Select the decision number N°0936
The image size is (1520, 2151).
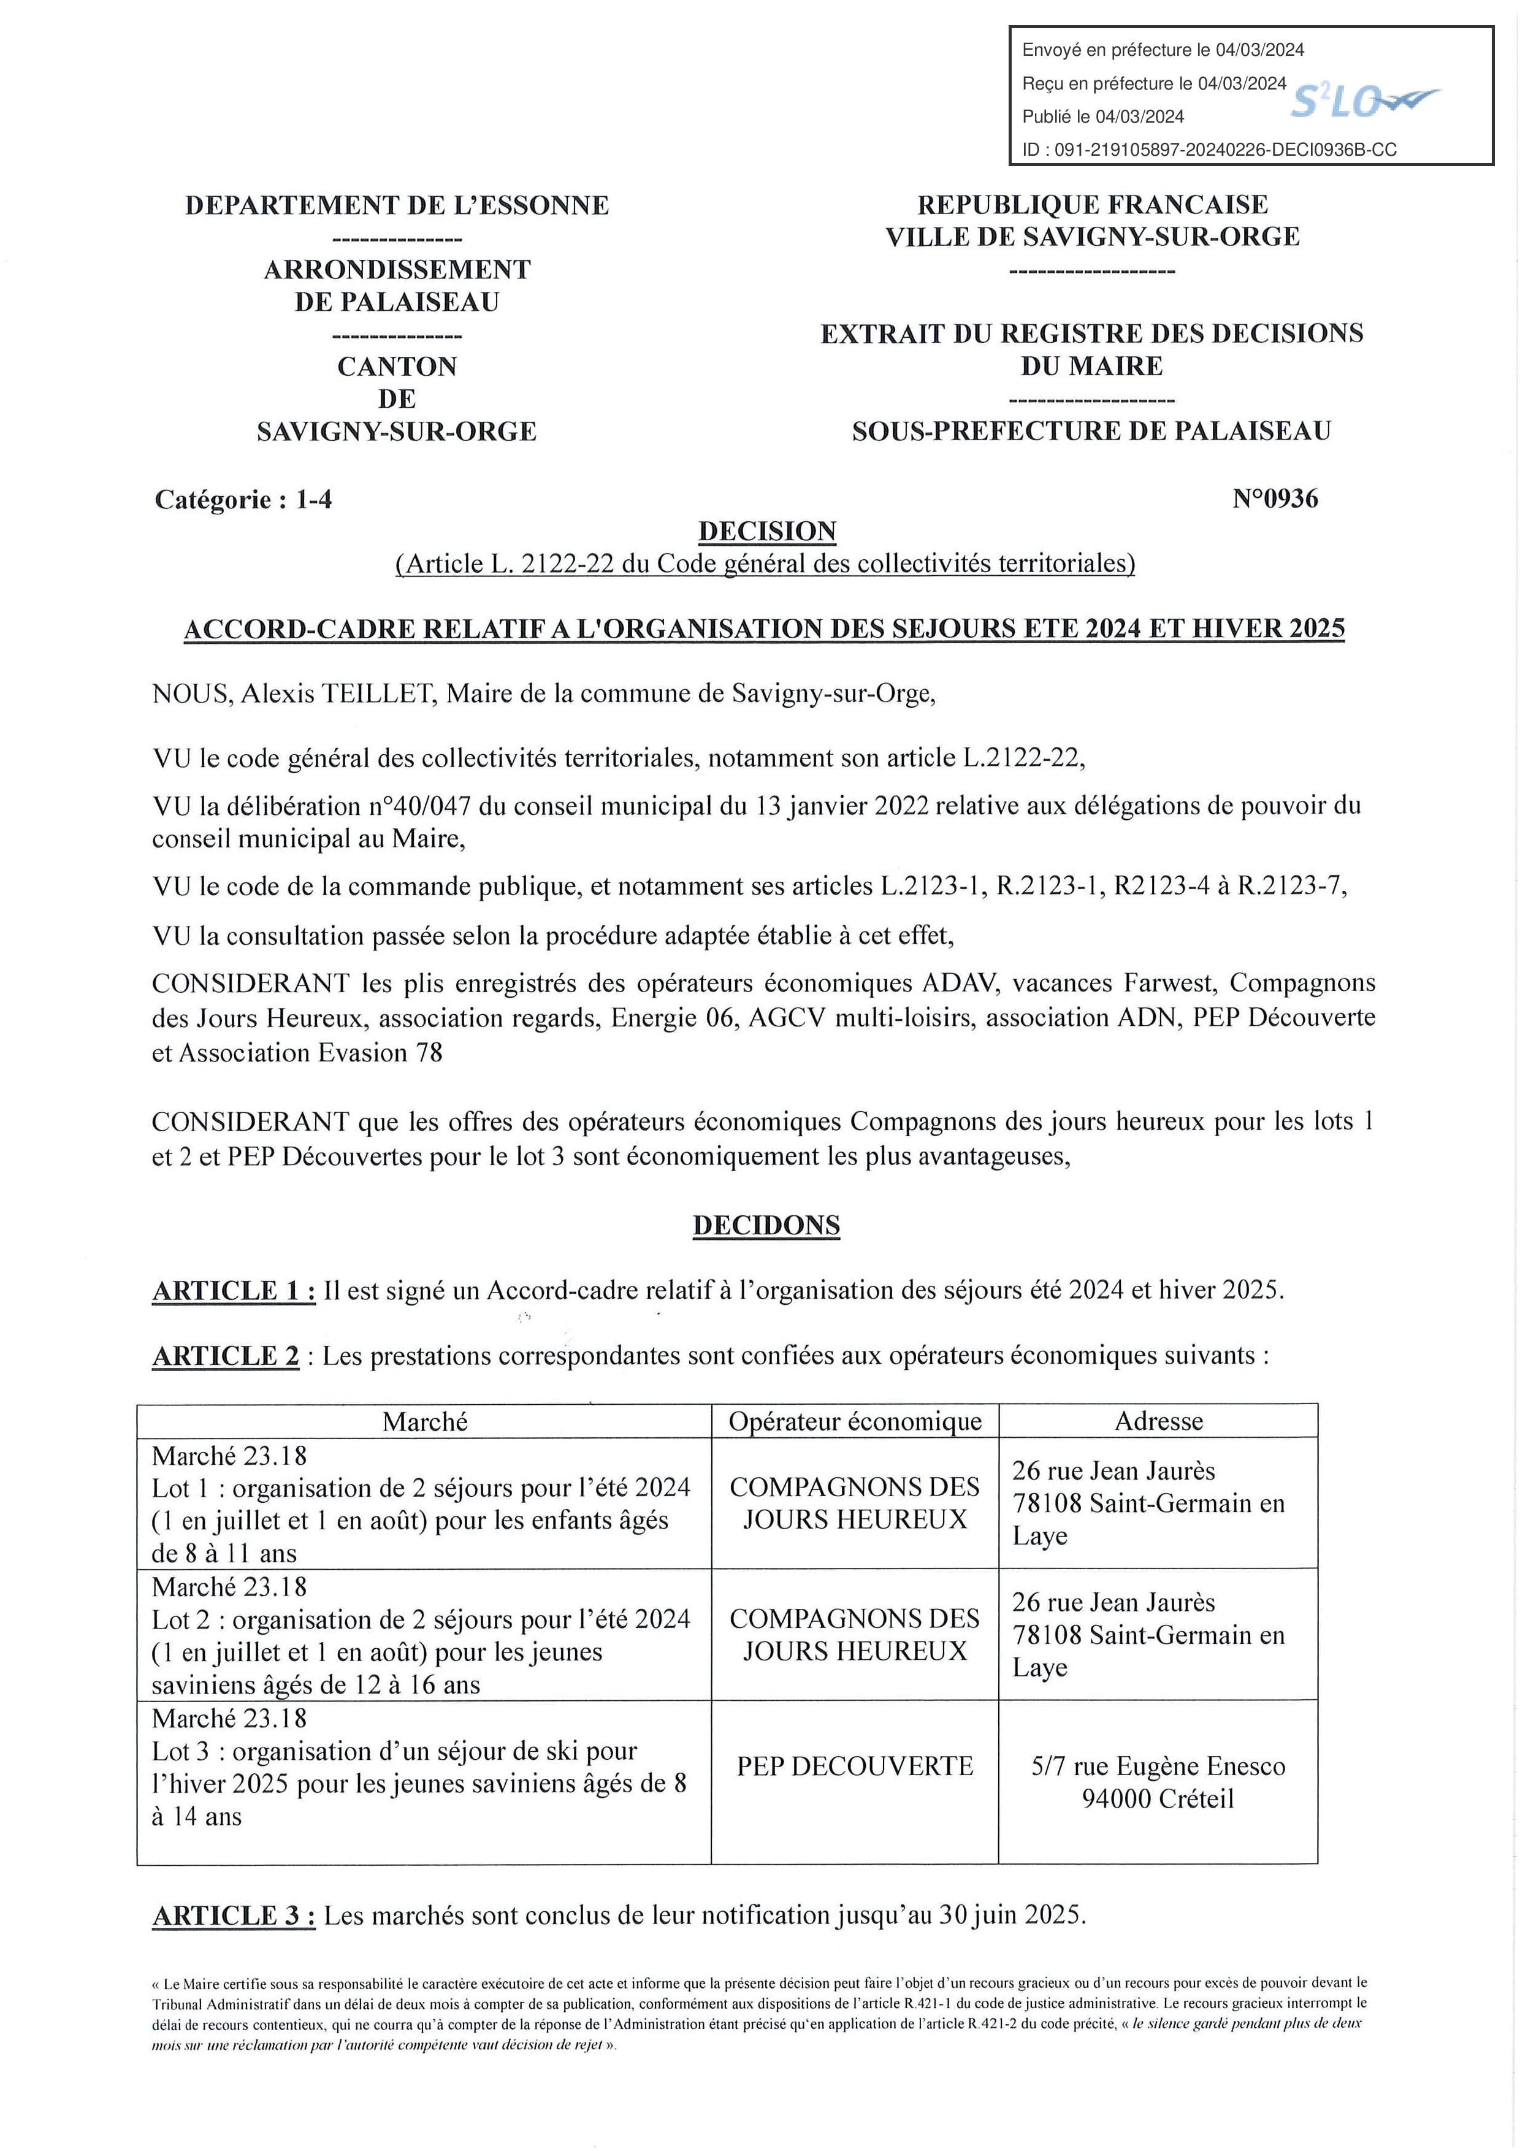[1275, 499]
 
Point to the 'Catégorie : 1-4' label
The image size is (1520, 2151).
[243, 499]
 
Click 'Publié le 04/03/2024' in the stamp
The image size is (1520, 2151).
[1103, 116]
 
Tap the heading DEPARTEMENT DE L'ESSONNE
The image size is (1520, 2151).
[397, 205]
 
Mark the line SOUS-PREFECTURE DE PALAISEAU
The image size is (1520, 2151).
[1091, 431]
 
